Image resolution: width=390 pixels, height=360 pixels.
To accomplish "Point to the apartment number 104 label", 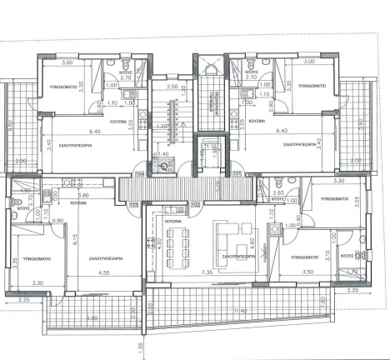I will coord(139,172).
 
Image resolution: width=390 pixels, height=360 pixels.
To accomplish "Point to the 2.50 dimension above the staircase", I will coord(172,86).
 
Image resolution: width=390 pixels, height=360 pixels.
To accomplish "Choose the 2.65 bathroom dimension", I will coord(280,193).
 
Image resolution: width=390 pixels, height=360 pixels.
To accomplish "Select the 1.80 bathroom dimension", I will coord(26,191).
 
